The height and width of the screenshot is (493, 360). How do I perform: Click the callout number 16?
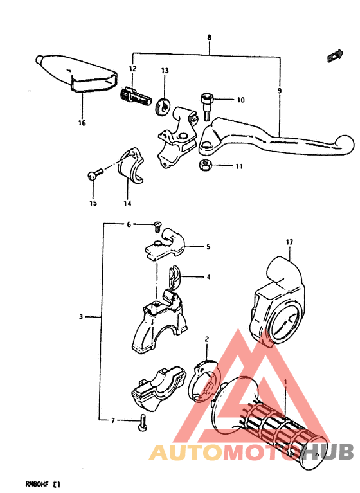click(82, 123)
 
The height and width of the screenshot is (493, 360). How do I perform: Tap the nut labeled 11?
click(205, 165)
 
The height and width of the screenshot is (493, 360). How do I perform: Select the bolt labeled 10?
click(207, 106)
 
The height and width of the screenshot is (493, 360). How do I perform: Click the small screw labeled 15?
click(94, 174)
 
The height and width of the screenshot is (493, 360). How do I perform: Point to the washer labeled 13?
click(163, 106)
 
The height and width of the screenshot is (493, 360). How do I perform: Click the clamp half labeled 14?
click(130, 165)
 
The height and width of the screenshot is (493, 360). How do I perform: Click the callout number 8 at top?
click(210, 37)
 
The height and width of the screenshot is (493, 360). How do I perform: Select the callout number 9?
click(280, 91)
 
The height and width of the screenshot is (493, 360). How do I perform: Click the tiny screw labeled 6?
click(157, 226)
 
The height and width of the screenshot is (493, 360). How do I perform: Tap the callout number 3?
click(81, 317)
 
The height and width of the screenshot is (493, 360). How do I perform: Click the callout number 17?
click(289, 242)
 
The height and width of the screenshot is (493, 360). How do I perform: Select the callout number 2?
click(206, 339)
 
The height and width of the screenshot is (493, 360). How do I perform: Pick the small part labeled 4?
click(173, 276)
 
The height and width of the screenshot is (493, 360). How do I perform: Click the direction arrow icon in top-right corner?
click(335, 56)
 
